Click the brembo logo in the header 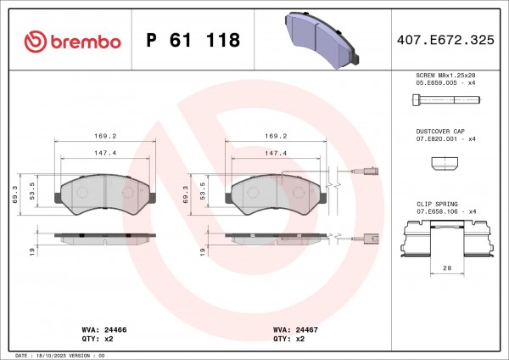point(72,42)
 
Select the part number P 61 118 point(193,40)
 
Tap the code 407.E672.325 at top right point(445,40)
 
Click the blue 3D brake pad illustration point(322,40)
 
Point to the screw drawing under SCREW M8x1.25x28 point(446,99)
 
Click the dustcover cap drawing point(445,163)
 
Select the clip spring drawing point(447,239)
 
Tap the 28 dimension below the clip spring point(447,268)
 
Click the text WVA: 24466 point(104,329)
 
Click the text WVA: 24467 point(295,329)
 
